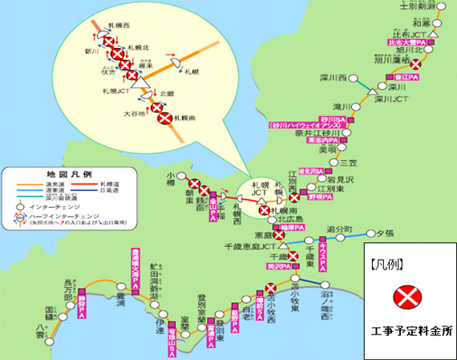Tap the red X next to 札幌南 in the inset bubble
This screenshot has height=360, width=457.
click(x=165, y=119)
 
